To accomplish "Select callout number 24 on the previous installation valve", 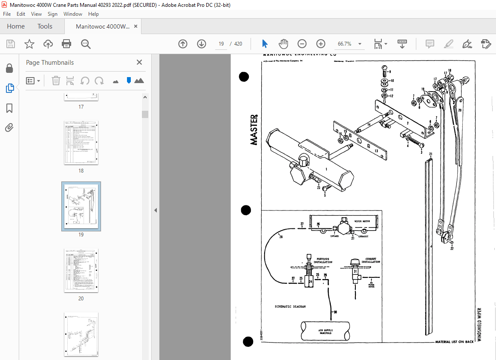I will pyautogui.click(x=310, y=282).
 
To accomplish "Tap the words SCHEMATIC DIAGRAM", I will pyautogui.click(x=291, y=307).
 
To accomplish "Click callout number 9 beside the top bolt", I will pyautogui.click(x=389, y=72).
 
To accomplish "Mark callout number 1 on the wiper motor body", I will pyautogui.click(x=326, y=169).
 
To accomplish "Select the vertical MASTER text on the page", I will pyautogui.click(x=254, y=130).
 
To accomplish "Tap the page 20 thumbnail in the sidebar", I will pyautogui.click(x=81, y=271).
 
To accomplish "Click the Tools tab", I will pyautogui.click(x=45, y=26).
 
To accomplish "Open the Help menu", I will pyautogui.click(x=93, y=14).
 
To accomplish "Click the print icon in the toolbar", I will pyautogui.click(x=66, y=44).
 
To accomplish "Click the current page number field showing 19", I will pyautogui.click(x=221, y=44).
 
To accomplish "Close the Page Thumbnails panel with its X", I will pyautogui.click(x=139, y=62).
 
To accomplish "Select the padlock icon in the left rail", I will pyautogui.click(x=9, y=69).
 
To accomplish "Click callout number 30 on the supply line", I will pyautogui.click(x=335, y=312).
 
